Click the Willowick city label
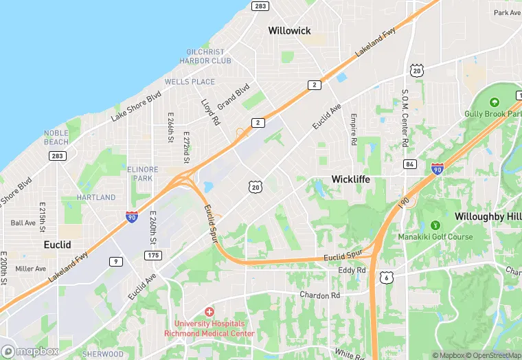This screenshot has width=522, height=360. tap(289, 30)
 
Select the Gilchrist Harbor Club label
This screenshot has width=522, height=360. tap(205, 56)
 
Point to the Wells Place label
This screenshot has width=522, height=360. tap(190, 82)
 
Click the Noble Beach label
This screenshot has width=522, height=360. tap(56, 137)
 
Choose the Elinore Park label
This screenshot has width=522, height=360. tap(143, 174)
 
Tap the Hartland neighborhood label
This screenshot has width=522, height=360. tap(96, 197)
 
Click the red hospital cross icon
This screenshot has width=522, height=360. tap(209, 312)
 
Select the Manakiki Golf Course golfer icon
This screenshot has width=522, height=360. tap(434, 225)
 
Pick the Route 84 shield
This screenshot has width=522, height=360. tap(410, 164)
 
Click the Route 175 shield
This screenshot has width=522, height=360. tap(153, 256)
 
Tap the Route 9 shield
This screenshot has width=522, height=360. tap(117, 261)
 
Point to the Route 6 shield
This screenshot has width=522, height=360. tap(389, 277)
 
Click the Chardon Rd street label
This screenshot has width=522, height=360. tap(319, 295)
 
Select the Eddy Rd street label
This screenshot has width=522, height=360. tap(352, 270)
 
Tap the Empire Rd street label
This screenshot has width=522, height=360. tap(354, 129)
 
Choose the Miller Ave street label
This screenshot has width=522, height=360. tap(30, 269)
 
